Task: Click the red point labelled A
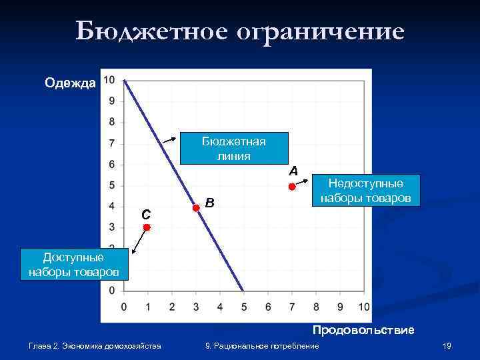pyautogui.click(x=292, y=187)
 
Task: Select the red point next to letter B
pyautogui.click(x=196, y=208)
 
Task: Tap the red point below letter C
pyautogui.click(x=147, y=228)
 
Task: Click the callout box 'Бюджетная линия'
pyautogui.click(x=233, y=148)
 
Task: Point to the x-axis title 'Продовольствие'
pyautogui.click(x=363, y=330)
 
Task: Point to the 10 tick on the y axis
pyautogui.click(x=109, y=80)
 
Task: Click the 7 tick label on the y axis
pyautogui.click(x=111, y=143)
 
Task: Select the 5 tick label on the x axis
pyautogui.click(x=243, y=307)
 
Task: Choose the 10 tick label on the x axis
pyautogui.click(x=364, y=307)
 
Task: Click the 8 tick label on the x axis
pyautogui.click(x=316, y=307)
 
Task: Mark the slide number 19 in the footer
pyautogui.click(x=447, y=345)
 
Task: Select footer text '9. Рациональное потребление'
pyautogui.click(x=261, y=345)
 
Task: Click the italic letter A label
pyautogui.click(x=293, y=171)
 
